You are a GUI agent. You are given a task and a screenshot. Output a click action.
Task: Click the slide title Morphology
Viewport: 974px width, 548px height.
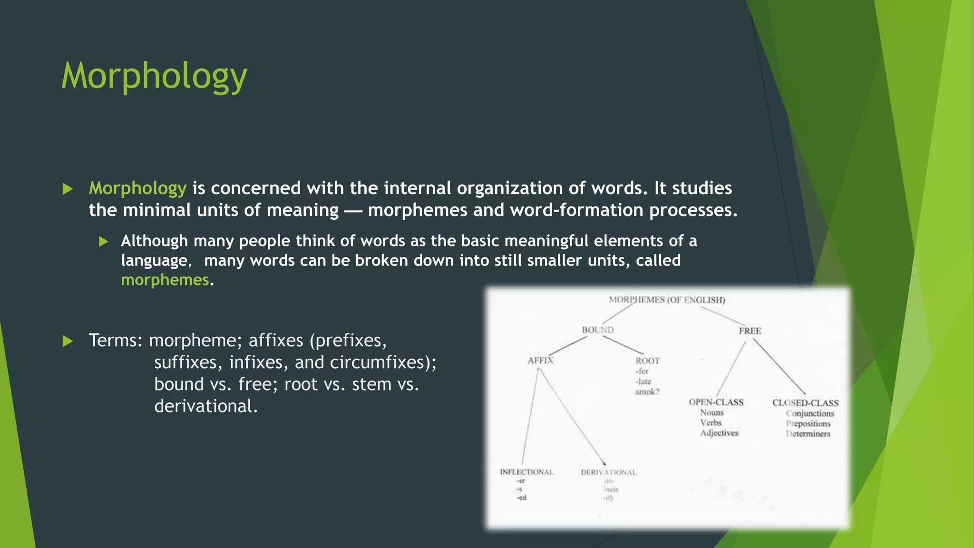(x=154, y=76)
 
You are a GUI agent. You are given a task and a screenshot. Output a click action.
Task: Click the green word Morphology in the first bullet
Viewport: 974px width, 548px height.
(x=137, y=188)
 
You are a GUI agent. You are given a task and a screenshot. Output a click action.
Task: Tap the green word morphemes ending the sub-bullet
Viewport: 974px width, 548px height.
(x=165, y=280)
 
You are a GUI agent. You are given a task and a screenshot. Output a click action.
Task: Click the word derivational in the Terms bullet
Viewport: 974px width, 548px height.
(x=205, y=406)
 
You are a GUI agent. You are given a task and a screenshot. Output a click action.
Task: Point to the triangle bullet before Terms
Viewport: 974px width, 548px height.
(x=68, y=341)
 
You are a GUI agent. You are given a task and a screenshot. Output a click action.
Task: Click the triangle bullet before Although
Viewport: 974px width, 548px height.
(x=104, y=242)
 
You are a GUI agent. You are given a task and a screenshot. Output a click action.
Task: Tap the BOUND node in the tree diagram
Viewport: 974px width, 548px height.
(x=598, y=330)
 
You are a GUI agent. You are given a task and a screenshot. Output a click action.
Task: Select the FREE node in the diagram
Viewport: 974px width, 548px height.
(x=750, y=331)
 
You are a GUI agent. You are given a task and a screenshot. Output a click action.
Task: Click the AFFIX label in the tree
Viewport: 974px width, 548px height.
(x=541, y=360)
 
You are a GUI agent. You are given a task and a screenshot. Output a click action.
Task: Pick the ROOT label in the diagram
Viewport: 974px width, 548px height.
(x=648, y=361)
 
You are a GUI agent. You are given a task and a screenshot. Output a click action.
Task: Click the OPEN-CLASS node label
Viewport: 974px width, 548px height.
(x=716, y=402)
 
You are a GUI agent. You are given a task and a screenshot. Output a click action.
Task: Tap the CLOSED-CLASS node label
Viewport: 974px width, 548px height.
(x=805, y=403)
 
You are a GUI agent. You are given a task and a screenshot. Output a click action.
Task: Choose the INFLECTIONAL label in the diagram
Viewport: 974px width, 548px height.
(x=526, y=472)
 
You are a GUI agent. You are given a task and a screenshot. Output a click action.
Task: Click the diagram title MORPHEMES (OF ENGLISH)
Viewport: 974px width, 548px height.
(x=667, y=300)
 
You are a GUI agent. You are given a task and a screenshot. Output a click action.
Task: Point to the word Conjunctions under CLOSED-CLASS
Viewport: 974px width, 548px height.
(x=810, y=413)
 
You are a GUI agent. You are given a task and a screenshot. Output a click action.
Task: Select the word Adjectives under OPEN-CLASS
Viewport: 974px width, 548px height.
(x=719, y=433)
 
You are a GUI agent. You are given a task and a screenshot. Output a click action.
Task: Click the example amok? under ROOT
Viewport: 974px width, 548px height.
(x=647, y=391)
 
